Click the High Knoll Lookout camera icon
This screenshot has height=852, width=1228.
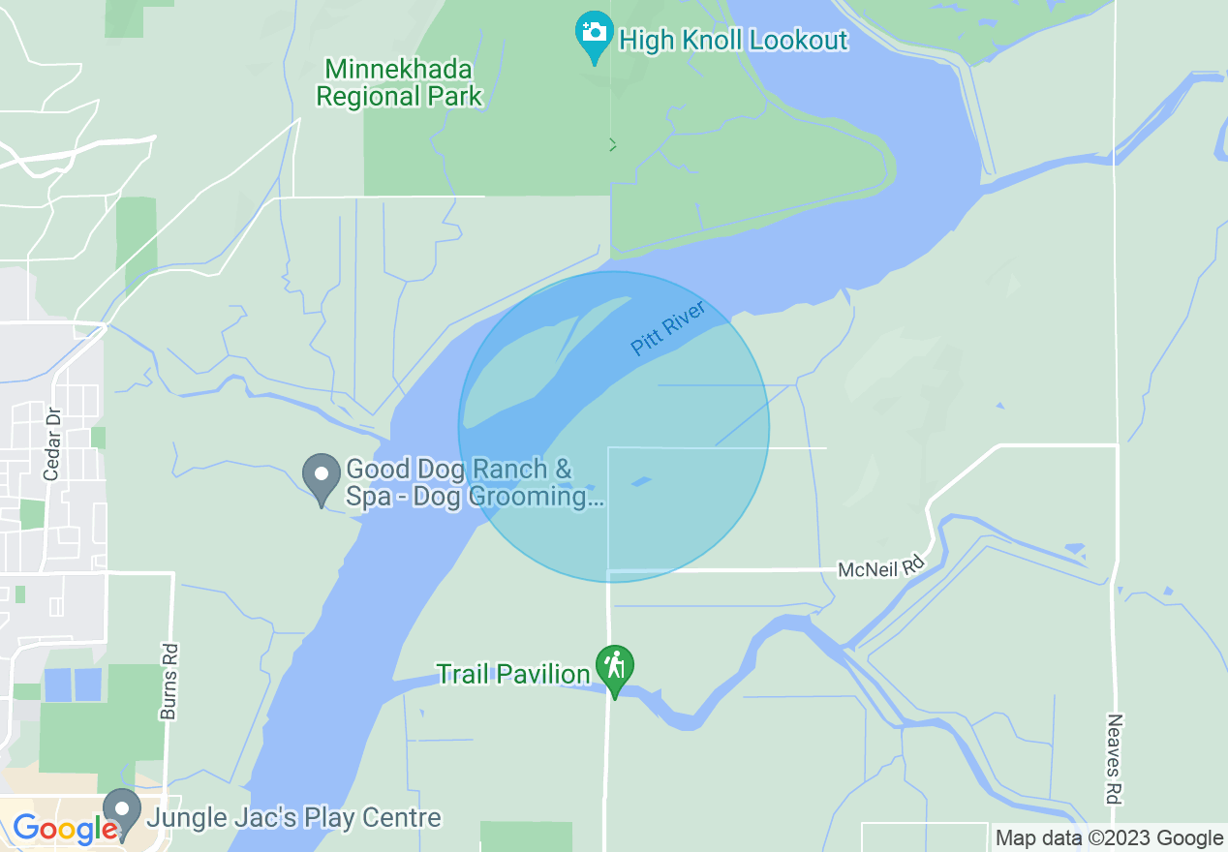594,33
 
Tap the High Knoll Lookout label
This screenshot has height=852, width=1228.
733,41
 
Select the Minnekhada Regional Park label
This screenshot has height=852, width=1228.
399,83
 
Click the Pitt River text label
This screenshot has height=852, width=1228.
667,328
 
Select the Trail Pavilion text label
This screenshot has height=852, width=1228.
512,674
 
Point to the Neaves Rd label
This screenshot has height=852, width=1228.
1114,759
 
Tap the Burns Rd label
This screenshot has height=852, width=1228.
169,682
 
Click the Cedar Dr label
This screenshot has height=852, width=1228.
52,444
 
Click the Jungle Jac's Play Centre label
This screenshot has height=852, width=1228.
293,818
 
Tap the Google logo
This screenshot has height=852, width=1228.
64,828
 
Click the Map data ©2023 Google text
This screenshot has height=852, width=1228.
1109,838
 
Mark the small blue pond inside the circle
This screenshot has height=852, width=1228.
641,480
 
